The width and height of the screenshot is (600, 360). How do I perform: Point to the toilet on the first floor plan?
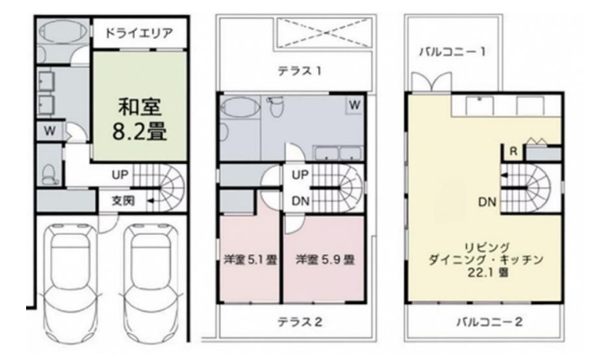[49, 173]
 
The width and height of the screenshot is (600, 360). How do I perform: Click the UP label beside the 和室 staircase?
[121, 173]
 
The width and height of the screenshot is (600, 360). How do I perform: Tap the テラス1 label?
[298, 71]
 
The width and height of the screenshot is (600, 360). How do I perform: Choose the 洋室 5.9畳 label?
[325, 259]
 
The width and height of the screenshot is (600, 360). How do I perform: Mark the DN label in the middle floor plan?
[300, 201]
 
